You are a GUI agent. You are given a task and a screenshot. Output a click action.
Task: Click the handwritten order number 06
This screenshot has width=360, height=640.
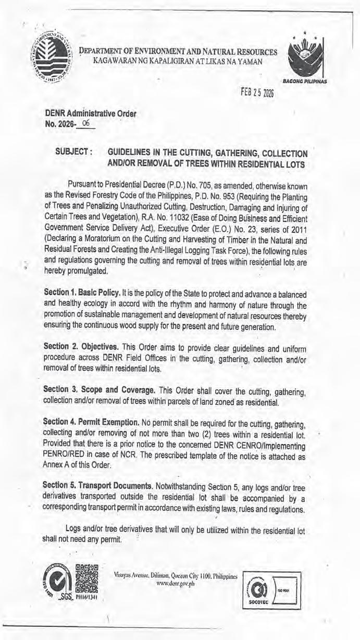tap(86, 123)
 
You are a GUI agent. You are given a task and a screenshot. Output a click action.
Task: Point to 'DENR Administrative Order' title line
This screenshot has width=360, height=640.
tap(93, 114)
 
